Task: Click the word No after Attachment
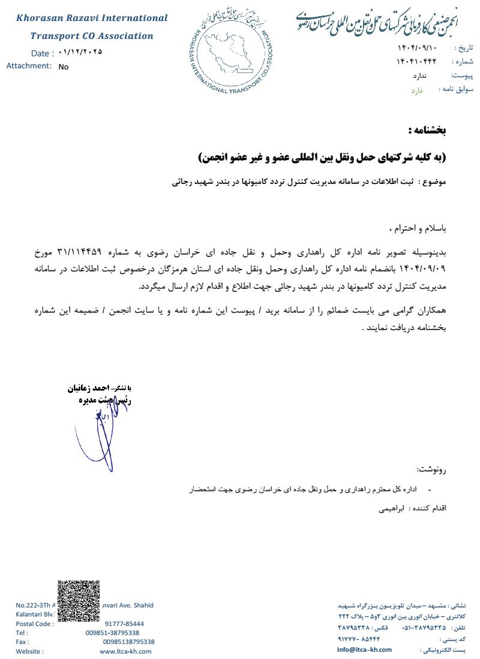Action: pos(64,67)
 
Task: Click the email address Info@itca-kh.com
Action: pos(364,649)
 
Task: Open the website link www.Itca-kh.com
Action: pos(125,651)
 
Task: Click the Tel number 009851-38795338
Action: pos(112,633)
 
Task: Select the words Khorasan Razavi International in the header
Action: pos(92,18)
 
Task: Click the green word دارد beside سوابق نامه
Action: pos(417,90)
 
